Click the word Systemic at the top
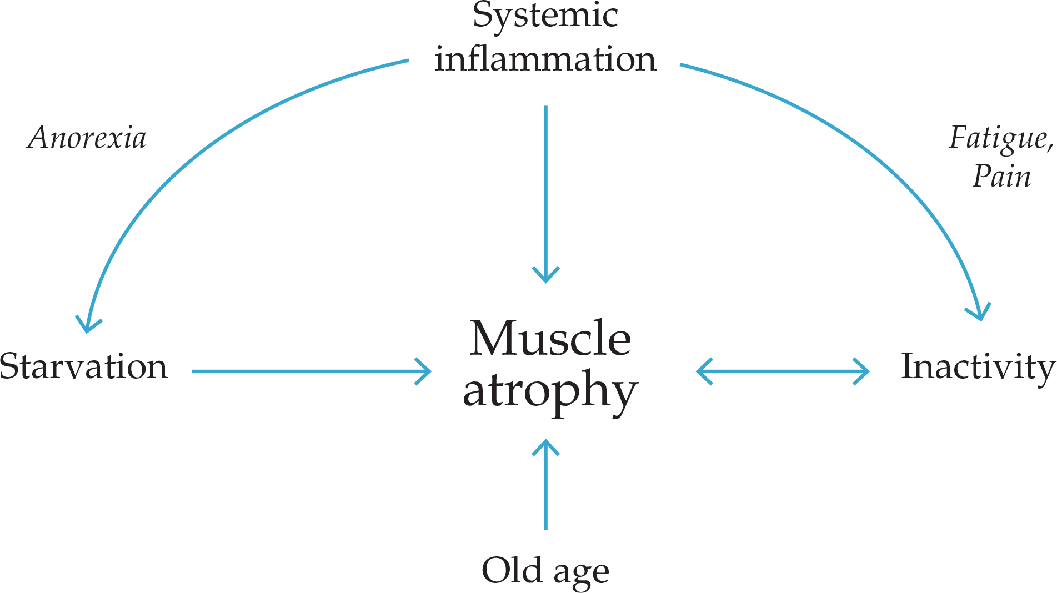(x=545, y=16)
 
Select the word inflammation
(x=545, y=59)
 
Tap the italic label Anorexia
(x=87, y=138)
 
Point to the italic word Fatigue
(x=999, y=138)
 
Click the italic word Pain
(x=1001, y=177)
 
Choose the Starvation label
(x=83, y=366)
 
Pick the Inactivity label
(x=978, y=368)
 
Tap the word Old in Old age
(x=512, y=570)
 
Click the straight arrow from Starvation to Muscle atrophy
(x=305, y=371)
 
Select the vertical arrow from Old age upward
(x=545, y=489)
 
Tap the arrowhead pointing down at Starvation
(x=88, y=325)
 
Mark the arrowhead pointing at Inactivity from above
(x=980, y=313)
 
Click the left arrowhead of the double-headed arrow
(x=703, y=371)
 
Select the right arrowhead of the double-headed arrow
(x=862, y=371)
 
